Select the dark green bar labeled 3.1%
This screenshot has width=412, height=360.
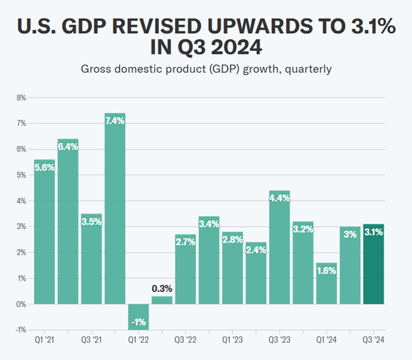click(x=374, y=264)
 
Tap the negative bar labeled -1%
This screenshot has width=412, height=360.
click(x=138, y=316)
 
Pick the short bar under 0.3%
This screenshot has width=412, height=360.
click(x=162, y=300)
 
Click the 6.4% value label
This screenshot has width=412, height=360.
click(x=68, y=146)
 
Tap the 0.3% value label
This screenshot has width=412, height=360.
click(x=162, y=288)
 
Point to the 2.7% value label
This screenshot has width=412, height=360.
click(x=186, y=242)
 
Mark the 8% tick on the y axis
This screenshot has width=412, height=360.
click(x=21, y=98)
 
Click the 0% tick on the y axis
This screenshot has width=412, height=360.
click(x=21, y=304)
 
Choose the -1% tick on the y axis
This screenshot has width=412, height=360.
click(x=21, y=330)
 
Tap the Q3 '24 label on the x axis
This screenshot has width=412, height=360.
click(x=374, y=340)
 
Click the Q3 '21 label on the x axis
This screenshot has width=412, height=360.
click(x=91, y=340)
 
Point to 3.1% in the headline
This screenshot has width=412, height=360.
click(x=366, y=26)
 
